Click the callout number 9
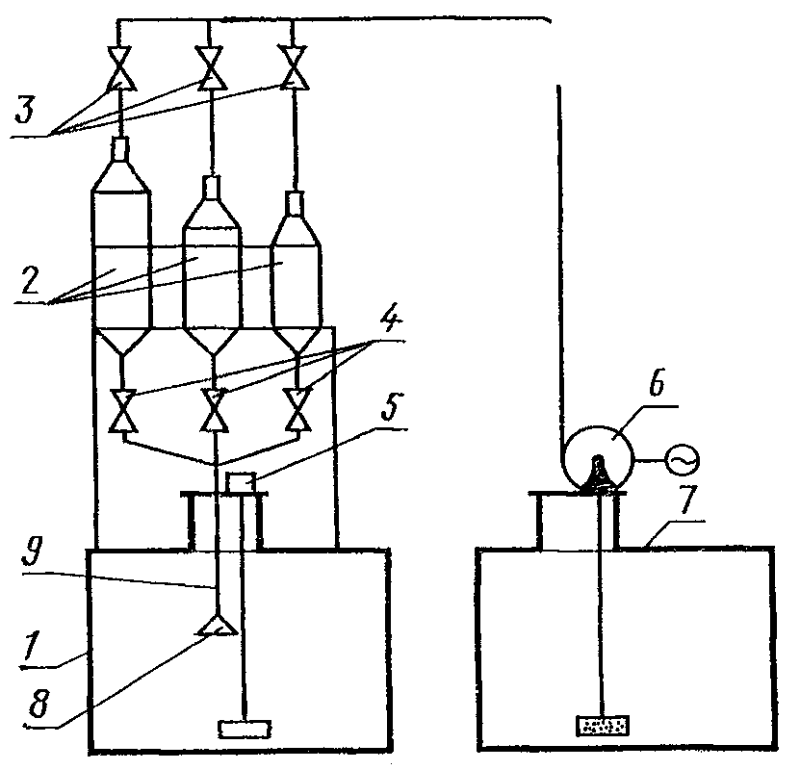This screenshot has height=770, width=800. pyautogui.click(x=31, y=554)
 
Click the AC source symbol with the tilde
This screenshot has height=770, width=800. pyautogui.click(x=681, y=462)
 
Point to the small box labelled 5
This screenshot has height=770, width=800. pyautogui.click(x=241, y=480)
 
